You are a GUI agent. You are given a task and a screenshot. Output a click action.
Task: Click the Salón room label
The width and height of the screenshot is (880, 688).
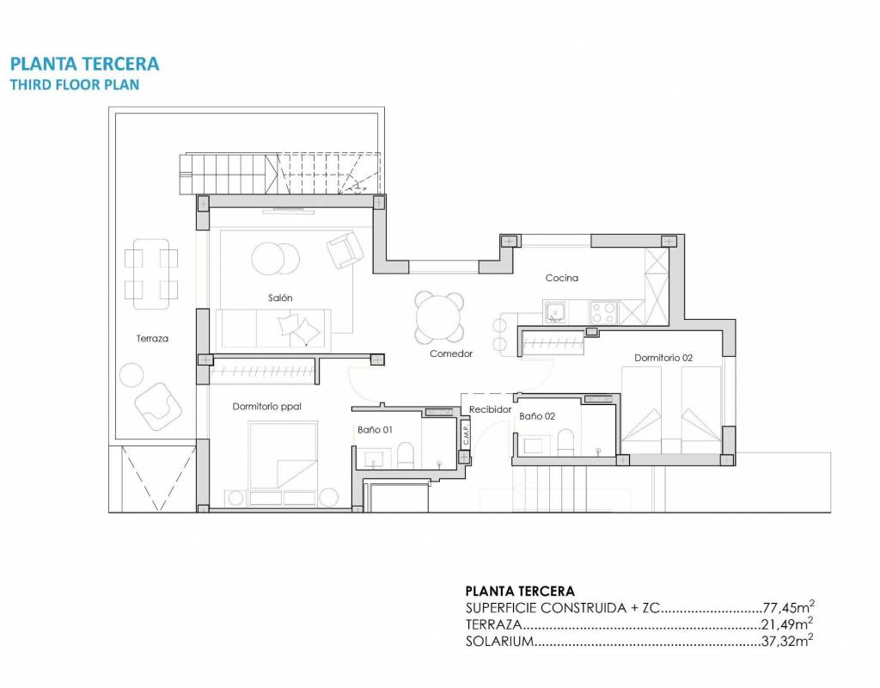pos(280,298)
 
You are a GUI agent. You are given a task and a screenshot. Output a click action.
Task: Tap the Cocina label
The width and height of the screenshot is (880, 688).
pos(562,278)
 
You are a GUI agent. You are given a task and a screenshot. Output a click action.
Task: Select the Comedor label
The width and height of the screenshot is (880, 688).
pos(451,353)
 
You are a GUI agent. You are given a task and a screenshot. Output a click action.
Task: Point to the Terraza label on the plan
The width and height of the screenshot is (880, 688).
pos(152,338)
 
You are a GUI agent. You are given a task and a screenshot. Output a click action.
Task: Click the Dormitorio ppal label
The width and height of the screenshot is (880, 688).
pos(267,406)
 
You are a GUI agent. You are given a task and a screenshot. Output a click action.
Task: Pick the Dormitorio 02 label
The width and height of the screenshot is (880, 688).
pos(663,358)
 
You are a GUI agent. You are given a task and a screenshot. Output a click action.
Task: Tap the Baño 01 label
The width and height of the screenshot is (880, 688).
pos(375,430)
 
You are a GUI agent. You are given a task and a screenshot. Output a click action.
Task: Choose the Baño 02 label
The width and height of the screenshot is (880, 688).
pos(537,416)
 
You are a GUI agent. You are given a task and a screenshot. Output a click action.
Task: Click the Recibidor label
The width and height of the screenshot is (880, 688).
pos(491,409)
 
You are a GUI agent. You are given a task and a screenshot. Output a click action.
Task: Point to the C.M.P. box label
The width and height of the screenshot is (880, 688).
pos(466,433)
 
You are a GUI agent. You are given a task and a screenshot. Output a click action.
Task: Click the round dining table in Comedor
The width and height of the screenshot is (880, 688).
pos(439,318)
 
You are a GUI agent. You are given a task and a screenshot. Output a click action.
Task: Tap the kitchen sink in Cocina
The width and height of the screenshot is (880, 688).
pos(556,312)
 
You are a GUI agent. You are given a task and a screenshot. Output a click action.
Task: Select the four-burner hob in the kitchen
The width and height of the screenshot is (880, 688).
pos(603,312)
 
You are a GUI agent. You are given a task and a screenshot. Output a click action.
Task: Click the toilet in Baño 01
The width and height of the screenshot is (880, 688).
pos(405,455)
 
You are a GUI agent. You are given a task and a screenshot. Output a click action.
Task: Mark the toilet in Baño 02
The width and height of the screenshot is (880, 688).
pos(566,443)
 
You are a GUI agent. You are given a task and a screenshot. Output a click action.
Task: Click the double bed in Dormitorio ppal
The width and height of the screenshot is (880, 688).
pos(284,455)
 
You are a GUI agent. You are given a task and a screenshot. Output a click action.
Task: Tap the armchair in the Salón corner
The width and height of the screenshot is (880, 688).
pos(345,249)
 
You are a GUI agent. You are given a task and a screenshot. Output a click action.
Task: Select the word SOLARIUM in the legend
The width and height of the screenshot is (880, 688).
pos(499,641)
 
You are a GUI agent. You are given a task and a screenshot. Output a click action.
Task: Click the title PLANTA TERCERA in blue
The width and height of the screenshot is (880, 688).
pos(85,64)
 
